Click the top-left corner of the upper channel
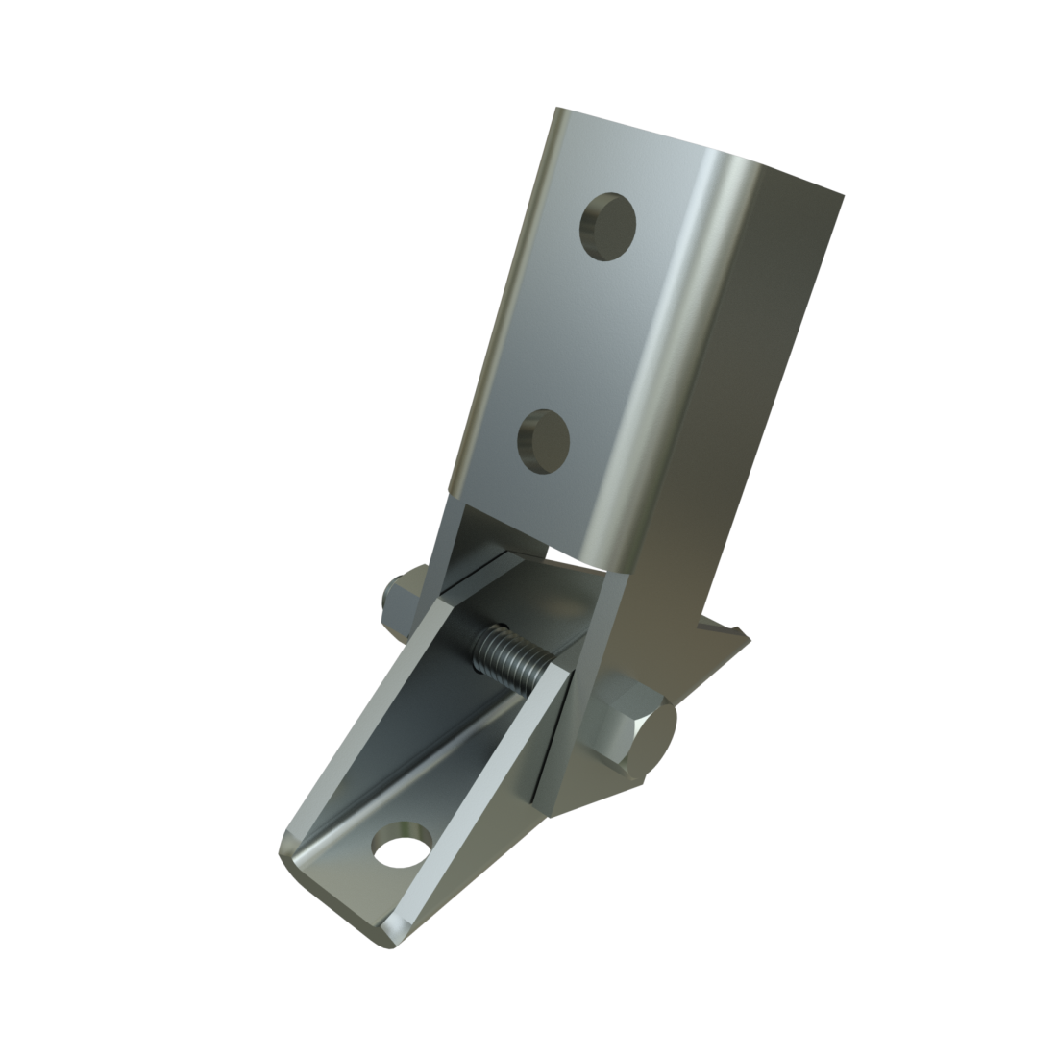pyautogui.click(x=559, y=112)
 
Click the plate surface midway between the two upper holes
pyautogui.click(x=575, y=334)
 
